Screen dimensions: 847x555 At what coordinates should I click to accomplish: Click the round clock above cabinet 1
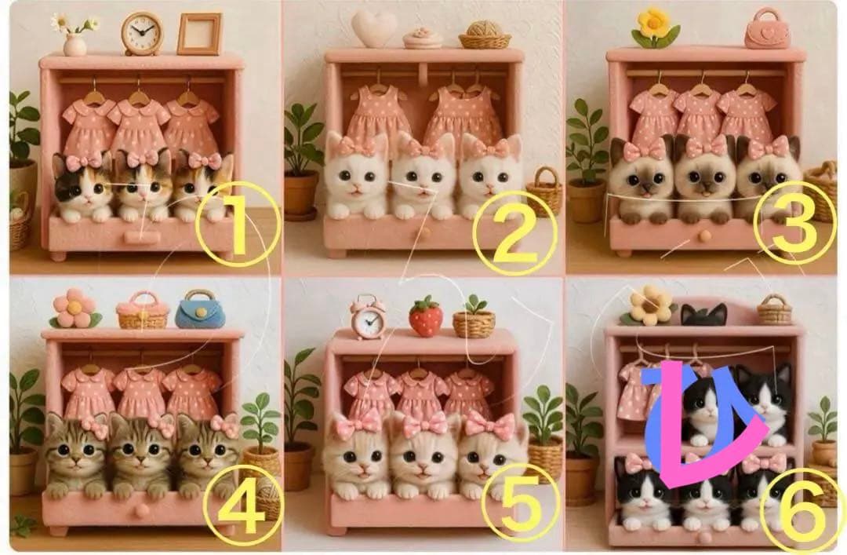tap(141, 34)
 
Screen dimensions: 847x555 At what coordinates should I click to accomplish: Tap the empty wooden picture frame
tap(199, 34)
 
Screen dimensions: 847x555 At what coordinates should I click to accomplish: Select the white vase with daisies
tap(75, 36)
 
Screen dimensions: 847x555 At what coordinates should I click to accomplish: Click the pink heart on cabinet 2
tap(374, 29)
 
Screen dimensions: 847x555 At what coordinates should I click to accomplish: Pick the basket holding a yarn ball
tap(485, 35)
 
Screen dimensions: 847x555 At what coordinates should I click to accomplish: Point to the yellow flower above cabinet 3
tap(655, 28)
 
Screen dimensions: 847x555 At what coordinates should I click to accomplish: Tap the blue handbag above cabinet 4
tap(200, 309)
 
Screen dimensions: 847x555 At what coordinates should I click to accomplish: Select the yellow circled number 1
tap(238, 224)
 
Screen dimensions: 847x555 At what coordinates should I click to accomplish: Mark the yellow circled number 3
tap(794, 222)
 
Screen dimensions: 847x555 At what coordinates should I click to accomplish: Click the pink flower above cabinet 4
tap(75, 309)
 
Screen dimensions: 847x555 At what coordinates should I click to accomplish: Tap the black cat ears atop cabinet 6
tap(703, 314)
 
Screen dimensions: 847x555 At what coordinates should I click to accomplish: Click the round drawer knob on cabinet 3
tap(704, 236)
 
